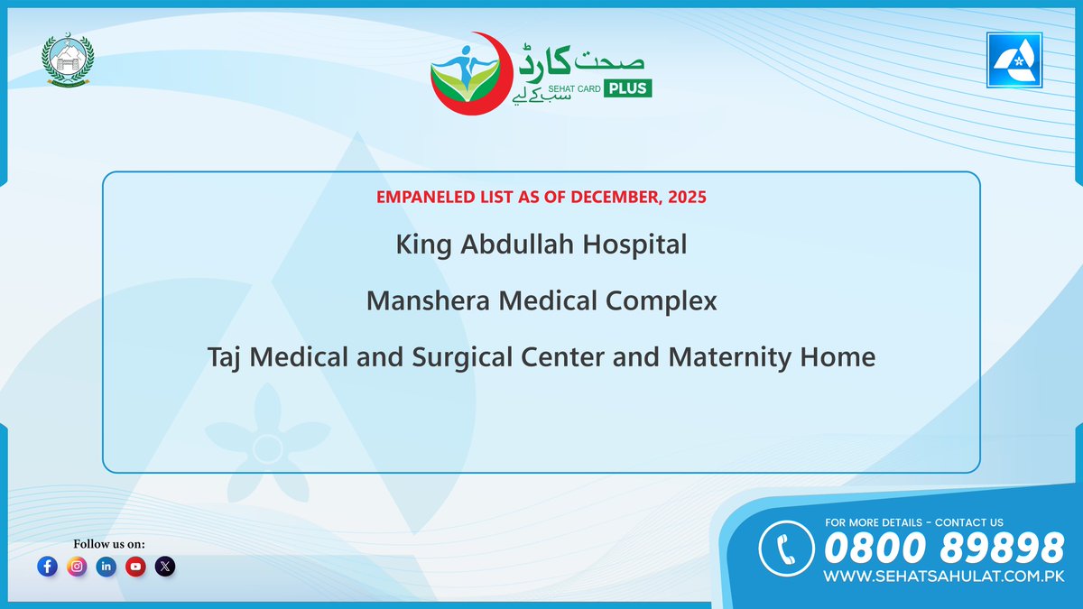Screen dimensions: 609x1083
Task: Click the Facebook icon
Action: [x=48, y=567]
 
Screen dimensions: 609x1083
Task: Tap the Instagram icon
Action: [x=78, y=567]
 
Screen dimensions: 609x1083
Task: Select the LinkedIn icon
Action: [x=106, y=567]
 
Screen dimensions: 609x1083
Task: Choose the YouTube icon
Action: [x=136, y=567]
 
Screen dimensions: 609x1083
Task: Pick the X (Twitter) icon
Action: [x=165, y=567]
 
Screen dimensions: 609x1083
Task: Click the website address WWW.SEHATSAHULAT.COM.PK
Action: [x=944, y=575]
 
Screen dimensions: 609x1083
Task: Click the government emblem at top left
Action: [x=67, y=63]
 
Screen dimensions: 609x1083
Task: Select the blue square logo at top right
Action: [x=1015, y=63]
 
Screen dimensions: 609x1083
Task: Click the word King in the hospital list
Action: [x=421, y=245]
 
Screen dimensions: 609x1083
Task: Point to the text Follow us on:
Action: [x=109, y=543]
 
